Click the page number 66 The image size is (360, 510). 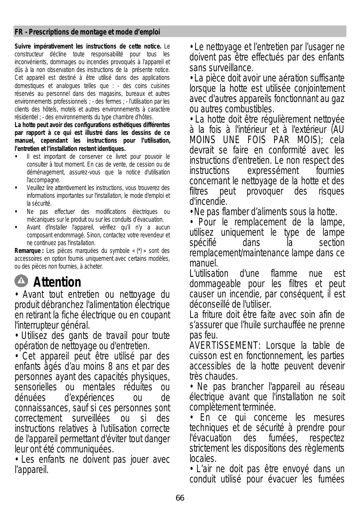click(x=180, y=498)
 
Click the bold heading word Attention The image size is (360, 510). click(x=57, y=282)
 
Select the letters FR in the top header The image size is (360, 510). click(x=18, y=32)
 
